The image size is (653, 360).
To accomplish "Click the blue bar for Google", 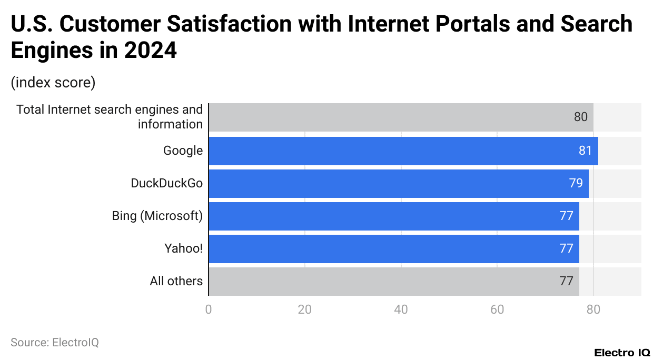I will click(x=403, y=151).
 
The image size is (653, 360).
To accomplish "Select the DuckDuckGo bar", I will click(x=398, y=183).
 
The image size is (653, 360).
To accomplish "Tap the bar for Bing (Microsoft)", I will click(x=393, y=216).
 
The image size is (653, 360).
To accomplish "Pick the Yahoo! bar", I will click(x=393, y=248).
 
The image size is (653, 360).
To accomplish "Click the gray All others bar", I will click(x=393, y=281).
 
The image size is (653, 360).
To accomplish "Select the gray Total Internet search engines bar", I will click(x=401, y=117).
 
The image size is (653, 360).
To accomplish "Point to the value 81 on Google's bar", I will click(x=585, y=151).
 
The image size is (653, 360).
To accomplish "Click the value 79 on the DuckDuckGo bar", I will click(x=576, y=183).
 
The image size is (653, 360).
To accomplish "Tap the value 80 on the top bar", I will click(x=580, y=117).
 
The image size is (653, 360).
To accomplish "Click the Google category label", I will click(x=183, y=151).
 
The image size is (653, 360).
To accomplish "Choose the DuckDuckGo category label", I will click(x=166, y=183).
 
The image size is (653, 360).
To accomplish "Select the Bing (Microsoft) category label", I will click(x=157, y=216).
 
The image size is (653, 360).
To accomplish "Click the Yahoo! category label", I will click(x=183, y=248).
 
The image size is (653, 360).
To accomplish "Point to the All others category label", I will click(x=176, y=281).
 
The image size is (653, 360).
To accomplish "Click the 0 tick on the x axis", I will click(x=209, y=309).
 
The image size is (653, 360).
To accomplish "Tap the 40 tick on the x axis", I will click(x=401, y=309).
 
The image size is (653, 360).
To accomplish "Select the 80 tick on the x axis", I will click(x=593, y=309).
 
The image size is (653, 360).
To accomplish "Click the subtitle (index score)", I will click(x=53, y=83).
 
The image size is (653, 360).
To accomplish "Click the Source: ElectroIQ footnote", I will click(x=55, y=342).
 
